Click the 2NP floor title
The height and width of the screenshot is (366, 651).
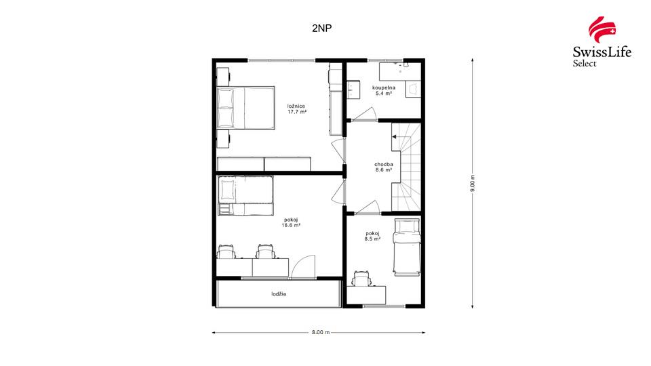point(321,28)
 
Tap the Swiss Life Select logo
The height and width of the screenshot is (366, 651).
point(601,41)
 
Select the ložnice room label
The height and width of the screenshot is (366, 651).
point(296,106)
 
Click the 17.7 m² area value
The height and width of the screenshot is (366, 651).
point(297,112)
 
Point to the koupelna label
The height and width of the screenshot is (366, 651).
point(384,87)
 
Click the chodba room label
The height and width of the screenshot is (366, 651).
point(384,164)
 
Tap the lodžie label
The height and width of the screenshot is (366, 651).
point(279,294)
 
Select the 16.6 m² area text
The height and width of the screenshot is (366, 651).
point(291,225)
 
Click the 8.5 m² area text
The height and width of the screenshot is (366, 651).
point(372,239)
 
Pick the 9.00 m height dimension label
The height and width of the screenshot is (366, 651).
point(473,184)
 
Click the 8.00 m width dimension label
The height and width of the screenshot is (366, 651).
point(321,332)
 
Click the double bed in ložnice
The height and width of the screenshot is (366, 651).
point(245,108)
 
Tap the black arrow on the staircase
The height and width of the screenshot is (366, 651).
point(395,136)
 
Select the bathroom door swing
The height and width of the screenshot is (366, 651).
point(364,114)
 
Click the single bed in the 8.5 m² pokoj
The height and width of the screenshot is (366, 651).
point(407,247)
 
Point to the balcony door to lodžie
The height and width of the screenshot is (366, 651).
point(304,266)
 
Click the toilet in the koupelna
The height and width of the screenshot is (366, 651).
point(413,89)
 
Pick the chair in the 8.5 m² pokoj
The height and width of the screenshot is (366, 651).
point(361,278)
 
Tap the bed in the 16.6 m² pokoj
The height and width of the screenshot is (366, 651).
point(245,196)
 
